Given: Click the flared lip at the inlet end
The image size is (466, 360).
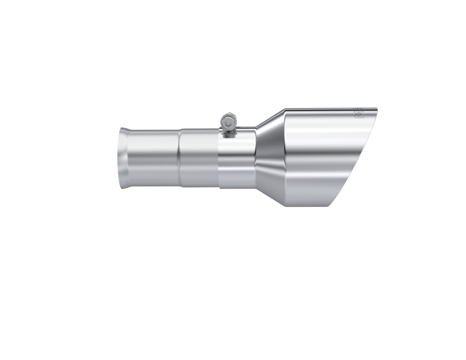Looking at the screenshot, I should (x=123, y=158).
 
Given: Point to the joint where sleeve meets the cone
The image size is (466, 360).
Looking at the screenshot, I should (x=256, y=158).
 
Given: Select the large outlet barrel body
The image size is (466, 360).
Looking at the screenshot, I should (x=316, y=158).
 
